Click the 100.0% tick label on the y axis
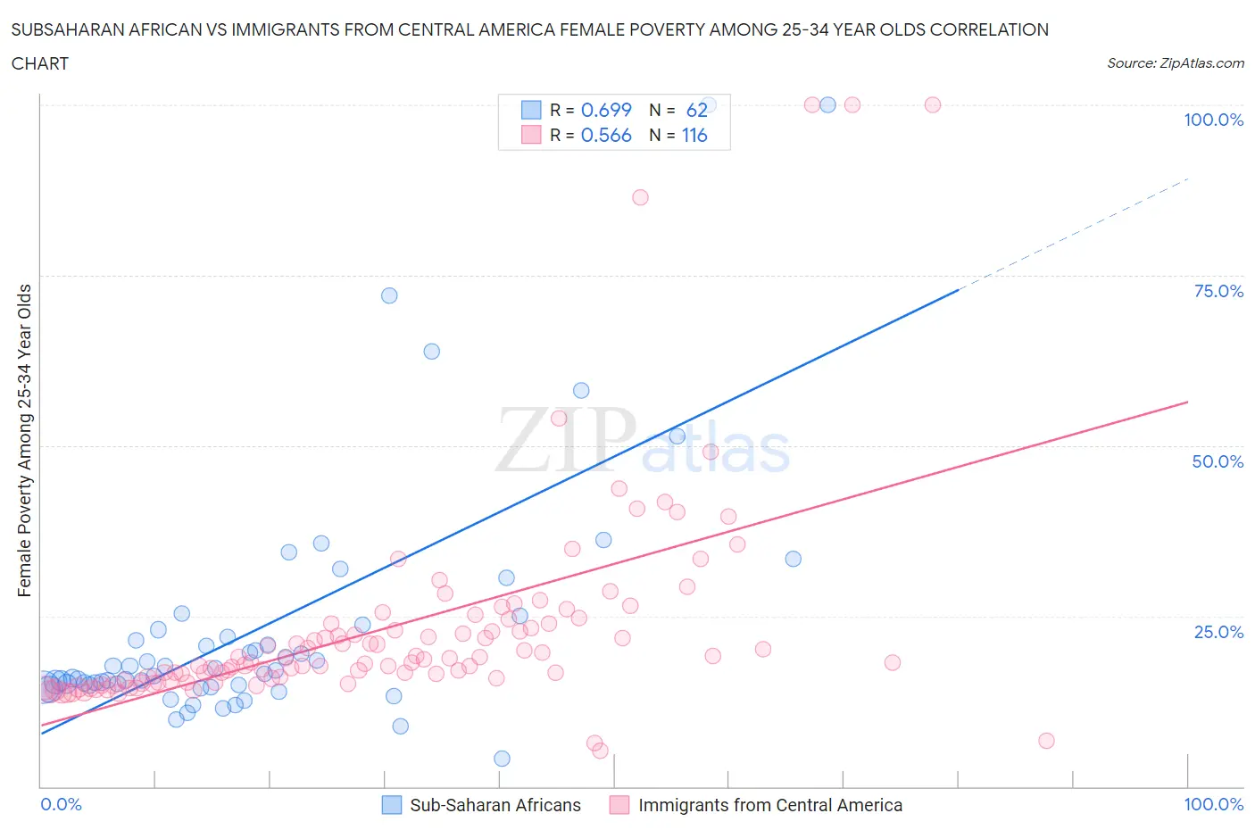[x=1213, y=120]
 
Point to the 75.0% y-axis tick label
[x=1218, y=291]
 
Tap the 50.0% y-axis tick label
[x=1218, y=461]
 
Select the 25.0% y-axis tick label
[x=1218, y=632]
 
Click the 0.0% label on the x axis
[x=61, y=804]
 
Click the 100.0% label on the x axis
[x=1213, y=804]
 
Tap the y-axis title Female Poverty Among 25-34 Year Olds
[x=25, y=440]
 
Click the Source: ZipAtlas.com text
[x=1175, y=63]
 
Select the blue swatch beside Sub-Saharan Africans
[x=392, y=805]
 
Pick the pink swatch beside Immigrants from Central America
[x=619, y=805]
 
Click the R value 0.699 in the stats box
[x=606, y=110]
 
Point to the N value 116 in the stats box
[x=694, y=136]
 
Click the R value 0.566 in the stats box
[x=606, y=136]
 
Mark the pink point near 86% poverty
[x=640, y=197]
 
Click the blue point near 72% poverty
[x=389, y=295]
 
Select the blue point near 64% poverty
[x=432, y=352]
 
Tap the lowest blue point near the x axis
[x=503, y=759]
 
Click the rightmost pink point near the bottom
[x=1047, y=741]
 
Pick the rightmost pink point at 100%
[x=933, y=104]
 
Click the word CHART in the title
[x=40, y=63]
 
